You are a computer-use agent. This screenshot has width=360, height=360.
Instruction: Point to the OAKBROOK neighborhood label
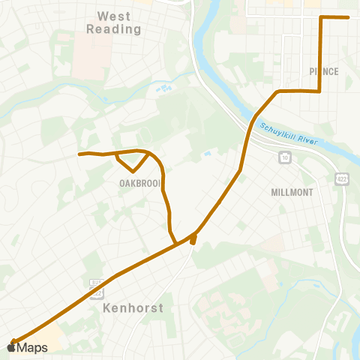click(140, 183)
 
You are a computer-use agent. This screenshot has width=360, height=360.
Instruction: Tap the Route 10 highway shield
click(284, 157)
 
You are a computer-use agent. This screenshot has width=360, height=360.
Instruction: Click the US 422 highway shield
click(340, 178)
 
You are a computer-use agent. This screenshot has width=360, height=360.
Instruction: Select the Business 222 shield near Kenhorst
click(96, 283)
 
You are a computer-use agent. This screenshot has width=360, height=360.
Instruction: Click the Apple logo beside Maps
click(11, 347)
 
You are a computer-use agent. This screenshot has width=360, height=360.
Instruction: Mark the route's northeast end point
click(348, 16)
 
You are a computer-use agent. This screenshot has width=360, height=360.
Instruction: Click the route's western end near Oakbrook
click(80, 154)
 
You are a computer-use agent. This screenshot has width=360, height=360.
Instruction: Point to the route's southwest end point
click(13, 341)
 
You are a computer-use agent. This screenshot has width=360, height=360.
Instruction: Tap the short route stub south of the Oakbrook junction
click(193, 240)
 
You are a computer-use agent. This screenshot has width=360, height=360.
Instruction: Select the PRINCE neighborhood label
click(324, 72)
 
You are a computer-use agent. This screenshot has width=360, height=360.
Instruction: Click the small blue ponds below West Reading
click(162, 89)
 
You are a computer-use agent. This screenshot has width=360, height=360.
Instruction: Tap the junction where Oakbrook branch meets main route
click(177, 243)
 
